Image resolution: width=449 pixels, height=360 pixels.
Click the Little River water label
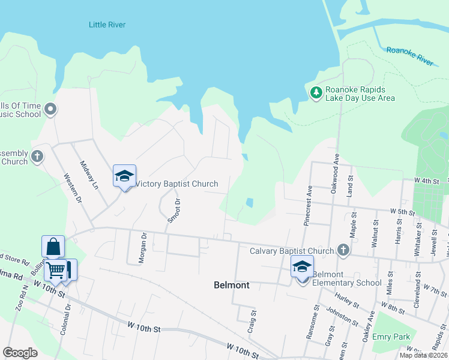tap(107, 25)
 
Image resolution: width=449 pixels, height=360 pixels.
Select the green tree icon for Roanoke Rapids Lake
tap(316, 93)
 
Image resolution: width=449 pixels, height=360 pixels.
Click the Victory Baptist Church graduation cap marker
tap(124, 176)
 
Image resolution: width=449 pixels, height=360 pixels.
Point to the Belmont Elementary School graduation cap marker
tap(302, 267)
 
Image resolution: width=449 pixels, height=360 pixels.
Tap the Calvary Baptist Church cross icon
tap(343, 249)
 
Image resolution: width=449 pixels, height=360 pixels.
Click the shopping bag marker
tap(53, 247)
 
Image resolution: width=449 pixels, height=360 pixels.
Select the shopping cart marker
tap(55, 270)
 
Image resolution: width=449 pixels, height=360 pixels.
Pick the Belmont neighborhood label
tap(231, 286)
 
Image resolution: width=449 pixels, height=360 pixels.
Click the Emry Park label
tap(391, 337)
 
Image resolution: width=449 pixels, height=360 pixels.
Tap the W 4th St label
tap(427, 180)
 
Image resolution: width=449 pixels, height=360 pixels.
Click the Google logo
tap(20, 353)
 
